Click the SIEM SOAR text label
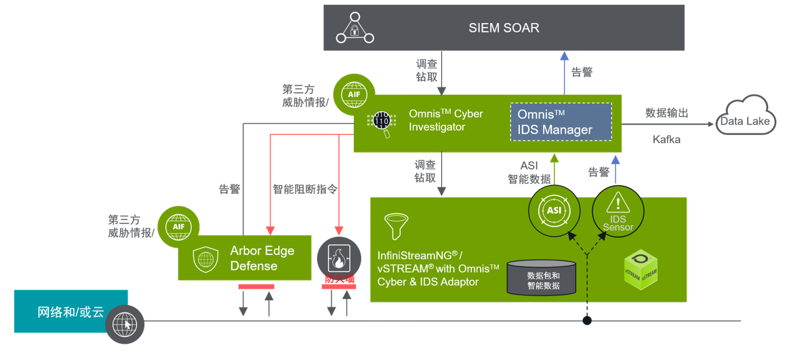504,28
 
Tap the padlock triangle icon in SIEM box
355,28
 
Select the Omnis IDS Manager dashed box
561,122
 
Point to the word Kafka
667,140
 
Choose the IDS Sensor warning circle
617,210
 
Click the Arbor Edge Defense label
262,258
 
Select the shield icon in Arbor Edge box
205,258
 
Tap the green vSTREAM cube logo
641,270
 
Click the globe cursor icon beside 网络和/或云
125,323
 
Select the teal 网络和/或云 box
70,312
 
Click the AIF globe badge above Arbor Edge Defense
177,225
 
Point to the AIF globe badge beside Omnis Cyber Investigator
352,93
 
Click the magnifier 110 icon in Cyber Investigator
382,123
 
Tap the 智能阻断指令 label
305,190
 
